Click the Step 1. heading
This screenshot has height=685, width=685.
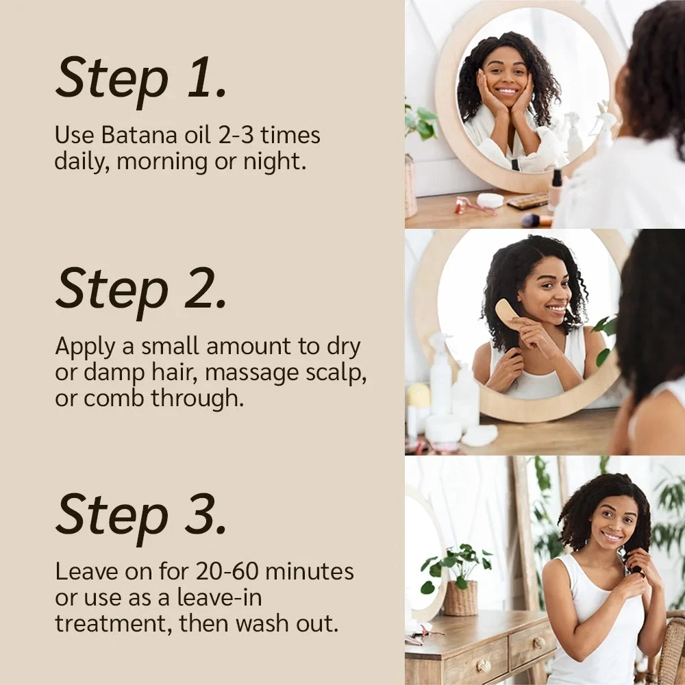(140, 77)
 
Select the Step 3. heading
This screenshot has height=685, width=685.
(140, 514)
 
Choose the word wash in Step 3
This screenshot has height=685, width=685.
(261, 624)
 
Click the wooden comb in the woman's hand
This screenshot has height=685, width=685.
(507, 313)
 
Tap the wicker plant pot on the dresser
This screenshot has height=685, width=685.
(460, 597)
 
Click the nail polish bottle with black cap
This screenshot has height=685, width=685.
(556, 188)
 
